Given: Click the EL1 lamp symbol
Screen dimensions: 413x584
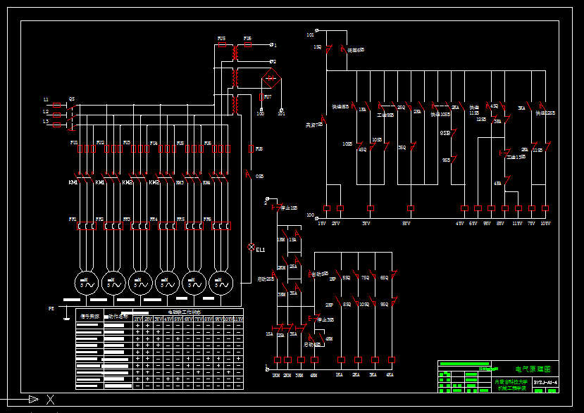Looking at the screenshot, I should coord(251,248).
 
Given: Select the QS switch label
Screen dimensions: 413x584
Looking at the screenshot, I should coord(71,100).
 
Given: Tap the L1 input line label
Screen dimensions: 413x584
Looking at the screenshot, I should coord(46,101).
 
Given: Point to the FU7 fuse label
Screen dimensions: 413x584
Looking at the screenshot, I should coord(268,96).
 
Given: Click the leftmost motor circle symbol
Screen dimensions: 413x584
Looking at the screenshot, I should coord(86,283).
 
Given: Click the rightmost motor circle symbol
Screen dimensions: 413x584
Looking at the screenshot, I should coord(220,283).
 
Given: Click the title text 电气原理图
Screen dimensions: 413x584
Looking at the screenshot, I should coord(532,368).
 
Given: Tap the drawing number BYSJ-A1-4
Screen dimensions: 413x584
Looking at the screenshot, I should coord(545,383).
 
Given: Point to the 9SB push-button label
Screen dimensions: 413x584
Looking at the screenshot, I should coord(446,160).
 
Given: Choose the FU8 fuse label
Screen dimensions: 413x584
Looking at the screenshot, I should coord(259,149).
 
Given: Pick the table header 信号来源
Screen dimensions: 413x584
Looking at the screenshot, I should coord(89,317).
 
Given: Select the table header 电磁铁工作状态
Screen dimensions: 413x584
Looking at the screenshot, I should coord(184,311).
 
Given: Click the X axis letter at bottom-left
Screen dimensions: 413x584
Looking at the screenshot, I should coord(49,400).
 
